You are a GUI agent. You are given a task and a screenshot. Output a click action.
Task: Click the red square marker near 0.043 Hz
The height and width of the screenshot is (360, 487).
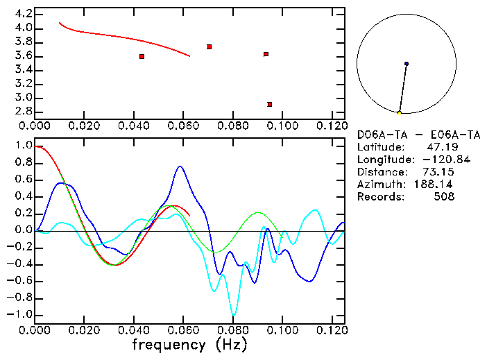[x=142, y=56]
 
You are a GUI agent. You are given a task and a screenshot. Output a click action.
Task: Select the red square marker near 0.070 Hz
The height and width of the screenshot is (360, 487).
[x=209, y=46]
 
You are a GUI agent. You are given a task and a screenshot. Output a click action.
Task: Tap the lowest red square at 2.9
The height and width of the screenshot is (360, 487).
[x=269, y=104]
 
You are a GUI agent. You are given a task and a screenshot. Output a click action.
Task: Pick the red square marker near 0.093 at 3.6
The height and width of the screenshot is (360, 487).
[x=266, y=54]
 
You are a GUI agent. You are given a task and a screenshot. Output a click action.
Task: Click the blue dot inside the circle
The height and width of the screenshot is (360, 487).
[x=407, y=64]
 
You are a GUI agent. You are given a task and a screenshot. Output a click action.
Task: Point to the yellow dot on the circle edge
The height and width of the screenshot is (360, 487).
[x=399, y=112]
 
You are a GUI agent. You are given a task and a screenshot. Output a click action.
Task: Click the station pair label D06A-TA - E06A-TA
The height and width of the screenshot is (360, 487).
[x=418, y=135]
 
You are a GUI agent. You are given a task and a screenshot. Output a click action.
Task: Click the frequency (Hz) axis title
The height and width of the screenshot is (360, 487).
[x=189, y=344]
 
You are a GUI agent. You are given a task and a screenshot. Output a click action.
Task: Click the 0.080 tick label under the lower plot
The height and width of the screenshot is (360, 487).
[x=232, y=330]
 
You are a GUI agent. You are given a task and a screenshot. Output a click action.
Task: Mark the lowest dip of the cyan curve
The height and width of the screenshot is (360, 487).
[x=234, y=315]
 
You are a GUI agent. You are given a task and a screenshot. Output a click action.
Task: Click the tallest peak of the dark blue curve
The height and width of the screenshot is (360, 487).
[x=180, y=166]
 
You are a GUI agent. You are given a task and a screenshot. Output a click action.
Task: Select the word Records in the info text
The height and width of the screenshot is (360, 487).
[x=379, y=197]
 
